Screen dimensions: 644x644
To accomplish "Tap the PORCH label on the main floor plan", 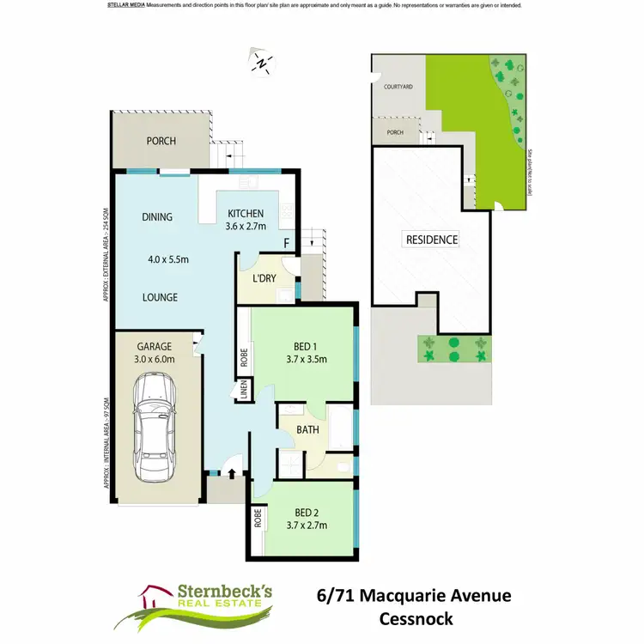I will (161, 142).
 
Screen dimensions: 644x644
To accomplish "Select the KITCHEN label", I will (245, 214).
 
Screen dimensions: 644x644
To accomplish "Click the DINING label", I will (157, 217).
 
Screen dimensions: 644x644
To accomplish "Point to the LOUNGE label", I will (160, 297).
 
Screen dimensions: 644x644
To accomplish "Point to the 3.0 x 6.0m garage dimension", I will (155, 360).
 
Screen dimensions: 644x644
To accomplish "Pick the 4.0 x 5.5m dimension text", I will (167, 259).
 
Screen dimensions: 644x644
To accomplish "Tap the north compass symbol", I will (261, 60).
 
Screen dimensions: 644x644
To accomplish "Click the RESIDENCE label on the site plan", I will (432, 240).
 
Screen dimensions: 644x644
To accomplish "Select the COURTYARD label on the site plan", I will (398, 88).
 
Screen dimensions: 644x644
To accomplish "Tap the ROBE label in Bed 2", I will (257, 518).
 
